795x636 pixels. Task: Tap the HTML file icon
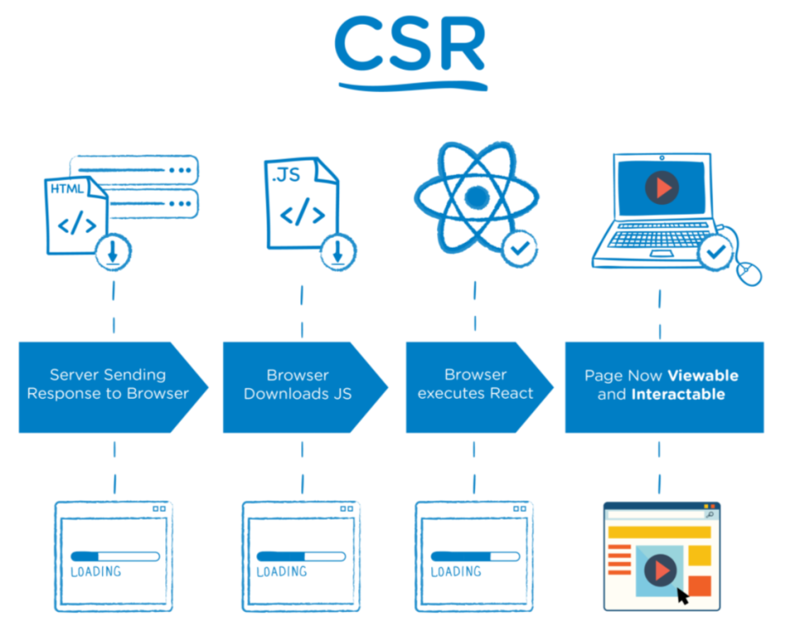point(74,216)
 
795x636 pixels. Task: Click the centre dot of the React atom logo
point(477,197)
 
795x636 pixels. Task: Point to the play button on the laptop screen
point(662,188)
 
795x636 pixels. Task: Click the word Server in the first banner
point(75,375)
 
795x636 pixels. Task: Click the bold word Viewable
point(702,376)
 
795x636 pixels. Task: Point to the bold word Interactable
point(677,395)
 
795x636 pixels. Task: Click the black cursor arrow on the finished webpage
point(682,595)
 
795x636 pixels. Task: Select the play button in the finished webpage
point(660,568)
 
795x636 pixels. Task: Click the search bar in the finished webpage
point(658,514)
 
